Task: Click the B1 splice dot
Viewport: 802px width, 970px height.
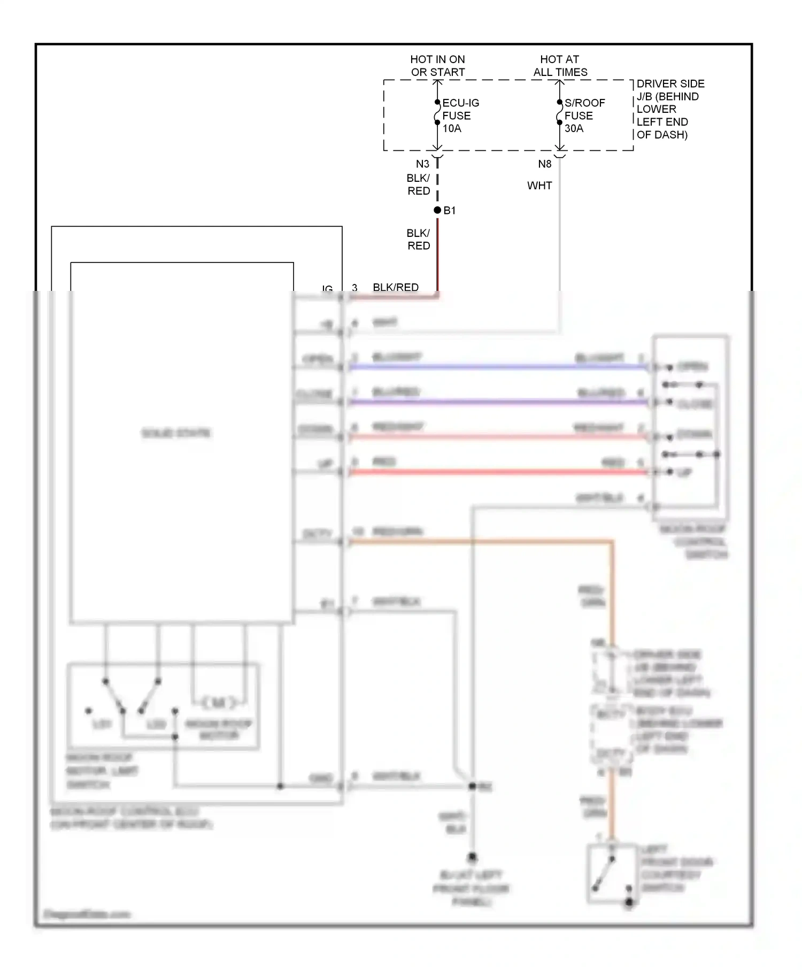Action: pyautogui.click(x=437, y=210)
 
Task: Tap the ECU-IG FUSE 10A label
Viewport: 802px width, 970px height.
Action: pyautogui.click(x=460, y=116)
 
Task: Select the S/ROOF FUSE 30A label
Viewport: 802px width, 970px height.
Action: pyautogui.click(x=584, y=116)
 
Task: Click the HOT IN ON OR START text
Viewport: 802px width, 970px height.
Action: pyautogui.click(x=437, y=65)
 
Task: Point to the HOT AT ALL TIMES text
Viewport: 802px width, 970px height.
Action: pyautogui.click(x=560, y=65)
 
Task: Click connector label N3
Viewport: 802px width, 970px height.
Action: pyautogui.click(x=422, y=164)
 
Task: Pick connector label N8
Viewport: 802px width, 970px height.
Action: pyautogui.click(x=544, y=164)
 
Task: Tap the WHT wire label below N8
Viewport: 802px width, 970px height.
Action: pyautogui.click(x=539, y=186)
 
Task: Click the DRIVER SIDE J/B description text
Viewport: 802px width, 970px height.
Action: pyautogui.click(x=669, y=109)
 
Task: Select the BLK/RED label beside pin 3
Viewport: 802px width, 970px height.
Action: pyautogui.click(x=395, y=287)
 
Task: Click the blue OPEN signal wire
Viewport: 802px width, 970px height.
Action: pyautogui.click(x=497, y=367)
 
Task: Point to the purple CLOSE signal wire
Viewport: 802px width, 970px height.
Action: pyautogui.click(x=497, y=402)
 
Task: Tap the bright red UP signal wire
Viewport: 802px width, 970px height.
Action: pyautogui.click(x=497, y=472)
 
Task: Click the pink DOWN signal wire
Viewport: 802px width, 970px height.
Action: pyautogui.click(x=497, y=437)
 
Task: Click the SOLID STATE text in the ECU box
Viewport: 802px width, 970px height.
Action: pyautogui.click(x=176, y=433)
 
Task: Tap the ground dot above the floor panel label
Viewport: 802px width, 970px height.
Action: pyautogui.click(x=472, y=857)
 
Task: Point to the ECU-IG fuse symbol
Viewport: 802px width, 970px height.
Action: pyautogui.click(x=437, y=113)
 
